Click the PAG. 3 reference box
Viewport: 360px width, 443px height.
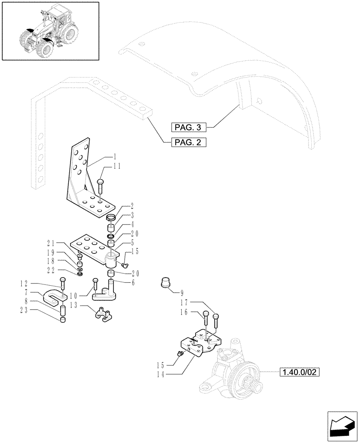point(188,128)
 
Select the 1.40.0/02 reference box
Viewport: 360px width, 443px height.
point(299,372)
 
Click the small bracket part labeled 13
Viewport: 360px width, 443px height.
point(103,313)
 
